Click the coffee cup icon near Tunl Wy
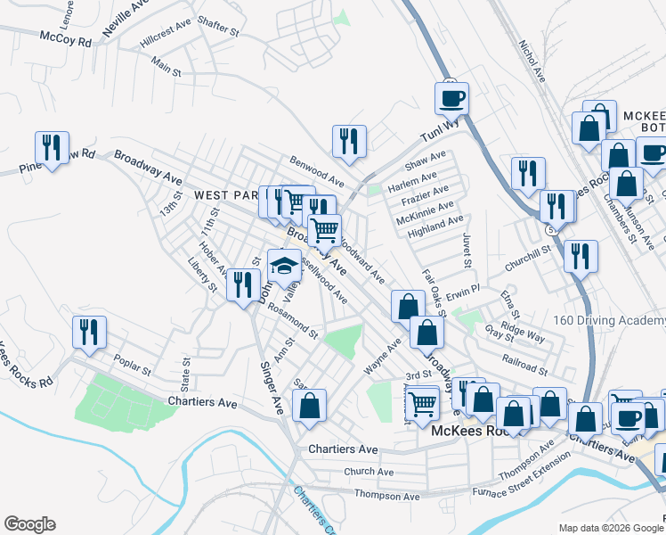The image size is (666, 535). coord(451,96)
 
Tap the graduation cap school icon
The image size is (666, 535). coord(284,266)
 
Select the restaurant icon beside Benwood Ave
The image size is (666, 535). coord(348,141)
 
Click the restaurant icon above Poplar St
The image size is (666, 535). coord(89,332)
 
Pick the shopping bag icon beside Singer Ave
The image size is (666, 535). coord(309,405)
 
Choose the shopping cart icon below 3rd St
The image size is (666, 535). coord(422,403)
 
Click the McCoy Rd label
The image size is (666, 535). coord(66,40)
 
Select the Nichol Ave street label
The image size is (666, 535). coord(532,62)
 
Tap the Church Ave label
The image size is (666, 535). coord(369,472)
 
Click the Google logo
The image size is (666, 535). coord(29,524)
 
